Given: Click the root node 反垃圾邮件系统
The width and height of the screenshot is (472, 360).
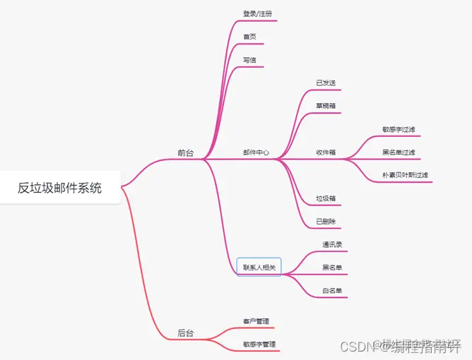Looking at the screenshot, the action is (x=60, y=188).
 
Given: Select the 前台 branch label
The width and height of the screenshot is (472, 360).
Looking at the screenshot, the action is (x=185, y=152).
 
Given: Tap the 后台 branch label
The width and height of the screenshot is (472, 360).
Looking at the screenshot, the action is (x=185, y=332).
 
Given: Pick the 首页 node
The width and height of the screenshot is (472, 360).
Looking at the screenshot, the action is (x=249, y=37).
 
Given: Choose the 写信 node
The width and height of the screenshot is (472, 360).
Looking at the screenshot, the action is (x=249, y=60).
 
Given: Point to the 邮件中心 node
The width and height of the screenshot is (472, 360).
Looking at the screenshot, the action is (x=256, y=152).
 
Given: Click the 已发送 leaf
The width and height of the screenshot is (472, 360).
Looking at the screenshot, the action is (x=326, y=83).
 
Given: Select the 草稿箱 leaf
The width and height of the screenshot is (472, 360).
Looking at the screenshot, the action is (x=326, y=106).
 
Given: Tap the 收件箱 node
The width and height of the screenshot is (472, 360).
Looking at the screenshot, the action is (x=326, y=152).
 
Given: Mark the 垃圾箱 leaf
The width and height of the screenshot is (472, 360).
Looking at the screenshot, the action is (x=326, y=198).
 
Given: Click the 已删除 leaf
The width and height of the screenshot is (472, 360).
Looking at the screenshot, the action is (x=326, y=222).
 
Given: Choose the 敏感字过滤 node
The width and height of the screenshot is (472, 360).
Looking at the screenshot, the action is (x=399, y=129).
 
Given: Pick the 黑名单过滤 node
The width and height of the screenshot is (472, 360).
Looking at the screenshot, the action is (x=399, y=152).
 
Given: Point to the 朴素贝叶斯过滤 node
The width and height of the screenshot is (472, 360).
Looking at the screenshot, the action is (x=405, y=175).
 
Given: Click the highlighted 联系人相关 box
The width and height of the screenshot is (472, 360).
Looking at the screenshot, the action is (x=259, y=267).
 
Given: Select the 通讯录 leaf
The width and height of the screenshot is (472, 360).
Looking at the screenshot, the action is (x=332, y=245).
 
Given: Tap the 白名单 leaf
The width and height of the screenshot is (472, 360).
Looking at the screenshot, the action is (x=332, y=290).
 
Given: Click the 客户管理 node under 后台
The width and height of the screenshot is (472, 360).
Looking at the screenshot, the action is (x=256, y=321).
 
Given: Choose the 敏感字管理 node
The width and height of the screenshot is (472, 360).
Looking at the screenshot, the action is (x=259, y=344).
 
